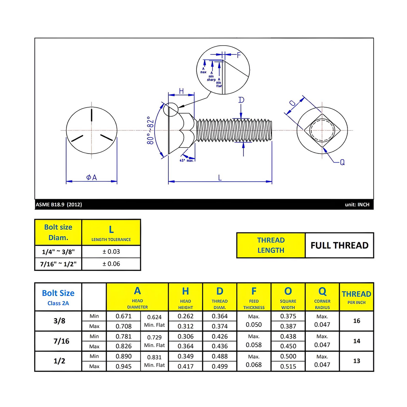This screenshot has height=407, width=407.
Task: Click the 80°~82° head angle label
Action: point(151,131)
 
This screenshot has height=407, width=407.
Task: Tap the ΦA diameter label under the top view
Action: point(91,177)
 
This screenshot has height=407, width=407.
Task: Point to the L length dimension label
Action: point(220,178)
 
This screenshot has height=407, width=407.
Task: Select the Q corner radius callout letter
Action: point(342,162)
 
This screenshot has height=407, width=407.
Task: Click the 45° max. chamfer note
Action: point(186,161)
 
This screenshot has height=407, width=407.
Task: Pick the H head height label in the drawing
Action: point(181,91)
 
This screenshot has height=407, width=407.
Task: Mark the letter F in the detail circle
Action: point(239,55)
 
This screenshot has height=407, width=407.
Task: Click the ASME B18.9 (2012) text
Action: point(59,205)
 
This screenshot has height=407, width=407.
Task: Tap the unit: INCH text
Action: point(357,205)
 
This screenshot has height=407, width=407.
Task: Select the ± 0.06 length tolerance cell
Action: point(111,264)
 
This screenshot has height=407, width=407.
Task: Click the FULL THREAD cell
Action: point(339,245)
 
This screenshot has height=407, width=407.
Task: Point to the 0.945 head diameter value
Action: point(123,366)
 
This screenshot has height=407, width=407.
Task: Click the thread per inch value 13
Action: point(356,361)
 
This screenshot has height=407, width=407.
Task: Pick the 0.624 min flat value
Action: point(154,317)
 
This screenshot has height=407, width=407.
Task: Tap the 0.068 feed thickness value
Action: point(253,365)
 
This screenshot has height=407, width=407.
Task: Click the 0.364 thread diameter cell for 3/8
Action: point(220,316)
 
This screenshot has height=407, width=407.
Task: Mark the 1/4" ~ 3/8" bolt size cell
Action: point(58,252)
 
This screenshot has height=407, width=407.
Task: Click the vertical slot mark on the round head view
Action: point(92,114)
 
